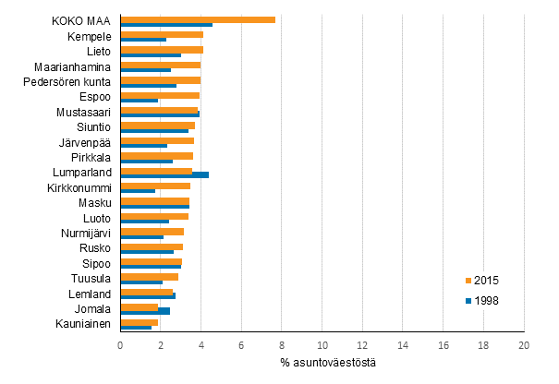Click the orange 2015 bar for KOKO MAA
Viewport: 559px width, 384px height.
198,19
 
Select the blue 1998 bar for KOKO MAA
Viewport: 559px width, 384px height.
166,25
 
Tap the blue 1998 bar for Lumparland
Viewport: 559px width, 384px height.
164,174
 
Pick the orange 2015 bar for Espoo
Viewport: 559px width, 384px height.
160,95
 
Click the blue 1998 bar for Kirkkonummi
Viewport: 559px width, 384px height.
138,190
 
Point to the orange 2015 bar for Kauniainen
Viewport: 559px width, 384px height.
139,321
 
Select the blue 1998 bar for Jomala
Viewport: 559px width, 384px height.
145,311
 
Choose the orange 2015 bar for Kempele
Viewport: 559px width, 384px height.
162,34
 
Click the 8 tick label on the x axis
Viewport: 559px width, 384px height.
282,344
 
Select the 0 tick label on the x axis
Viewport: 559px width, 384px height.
120,344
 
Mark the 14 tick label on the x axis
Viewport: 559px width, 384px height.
403,344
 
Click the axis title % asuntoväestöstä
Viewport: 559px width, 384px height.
322,362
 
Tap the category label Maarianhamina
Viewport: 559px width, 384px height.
73,66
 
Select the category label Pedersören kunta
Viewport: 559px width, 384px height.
67,82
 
